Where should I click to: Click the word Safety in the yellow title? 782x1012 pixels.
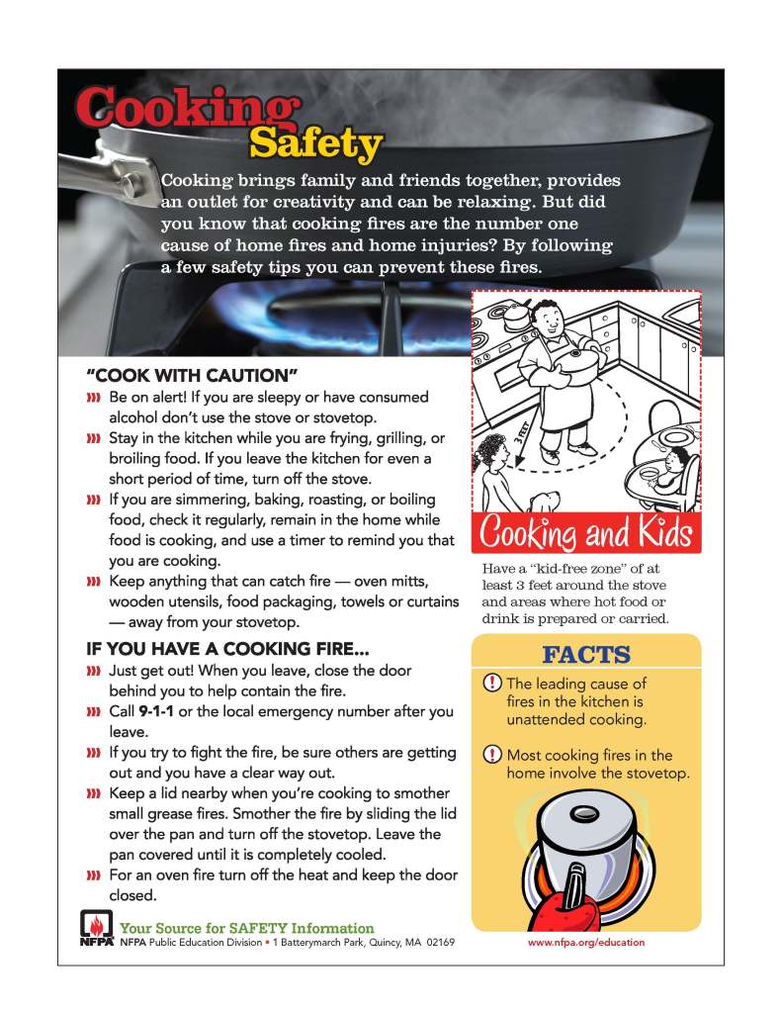[x=314, y=144]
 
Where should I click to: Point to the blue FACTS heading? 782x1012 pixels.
[x=585, y=655]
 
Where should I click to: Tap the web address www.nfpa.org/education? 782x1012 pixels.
[x=585, y=942]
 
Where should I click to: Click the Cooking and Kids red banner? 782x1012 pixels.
[x=585, y=535]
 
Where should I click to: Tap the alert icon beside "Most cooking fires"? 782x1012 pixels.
[x=492, y=756]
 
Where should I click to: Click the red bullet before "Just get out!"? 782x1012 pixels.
[x=95, y=672]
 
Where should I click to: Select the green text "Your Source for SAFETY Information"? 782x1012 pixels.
[x=247, y=928]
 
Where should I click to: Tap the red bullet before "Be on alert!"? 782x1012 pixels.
[x=95, y=398]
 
